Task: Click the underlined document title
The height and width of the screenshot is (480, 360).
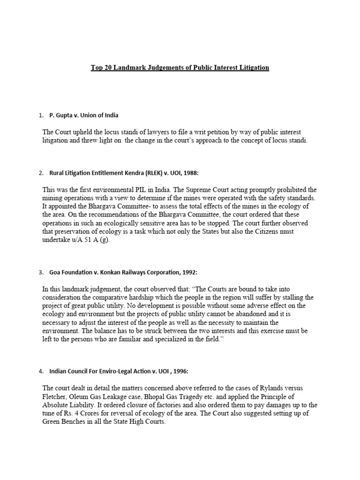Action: (180, 67)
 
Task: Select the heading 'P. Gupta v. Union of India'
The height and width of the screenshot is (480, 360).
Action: (87, 115)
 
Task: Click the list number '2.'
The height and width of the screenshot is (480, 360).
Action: (41, 173)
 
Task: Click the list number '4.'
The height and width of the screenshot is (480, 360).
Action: (41, 372)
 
